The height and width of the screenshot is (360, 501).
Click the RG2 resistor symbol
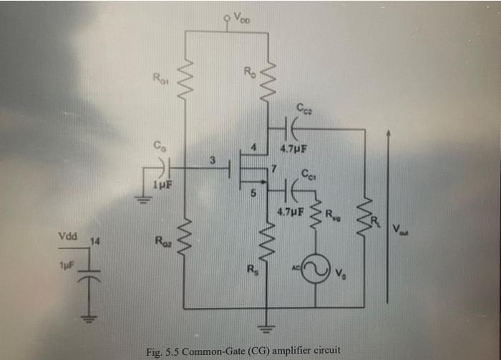click(x=185, y=233)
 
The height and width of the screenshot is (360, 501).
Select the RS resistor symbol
click(x=266, y=240)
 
